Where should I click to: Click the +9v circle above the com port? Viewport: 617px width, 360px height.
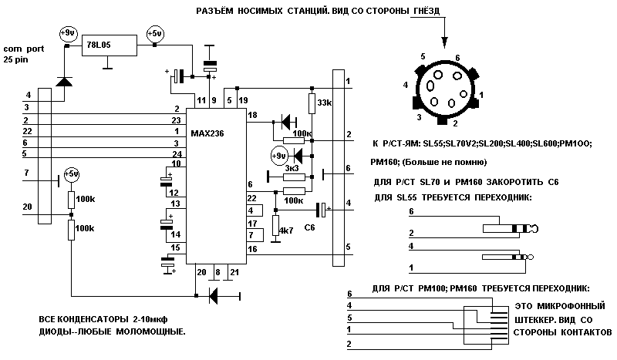[x=67, y=33]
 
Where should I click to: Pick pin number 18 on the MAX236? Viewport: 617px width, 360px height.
[x=251, y=115]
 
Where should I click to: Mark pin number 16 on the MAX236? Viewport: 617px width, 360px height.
[x=251, y=249]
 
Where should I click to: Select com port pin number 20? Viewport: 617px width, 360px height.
[x=28, y=206]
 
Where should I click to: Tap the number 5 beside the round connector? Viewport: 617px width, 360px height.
[x=423, y=56]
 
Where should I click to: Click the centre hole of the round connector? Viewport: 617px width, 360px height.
[x=448, y=88]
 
